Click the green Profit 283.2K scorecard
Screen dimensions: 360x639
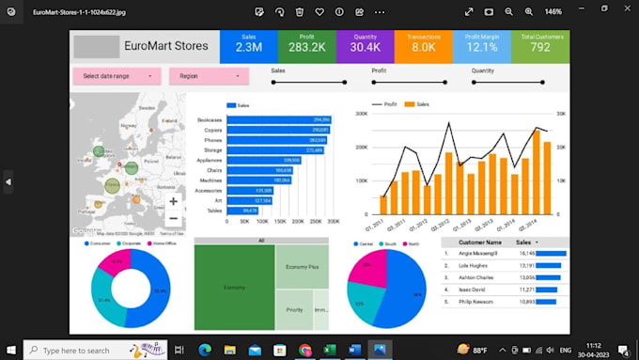(x=306, y=46)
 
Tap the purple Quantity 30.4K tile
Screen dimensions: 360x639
(x=365, y=46)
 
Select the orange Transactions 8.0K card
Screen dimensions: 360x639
(x=423, y=46)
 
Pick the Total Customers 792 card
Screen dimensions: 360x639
(x=539, y=46)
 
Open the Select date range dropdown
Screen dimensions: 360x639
(x=117, y=76)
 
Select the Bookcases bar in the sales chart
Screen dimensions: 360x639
(x=279, y=120)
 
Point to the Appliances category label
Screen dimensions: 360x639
(x=209, y=161)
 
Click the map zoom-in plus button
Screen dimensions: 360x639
(x=173, y=201)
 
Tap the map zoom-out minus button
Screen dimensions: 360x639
(x=173, y=218)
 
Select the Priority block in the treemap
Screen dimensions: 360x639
(x=294, y=309)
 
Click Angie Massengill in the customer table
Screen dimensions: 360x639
(x=479, y=253)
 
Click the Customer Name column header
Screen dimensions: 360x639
(x=480, y=242)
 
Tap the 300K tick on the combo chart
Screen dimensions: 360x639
(x=361, y=114)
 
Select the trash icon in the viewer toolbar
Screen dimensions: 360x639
(x=299, y=11)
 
